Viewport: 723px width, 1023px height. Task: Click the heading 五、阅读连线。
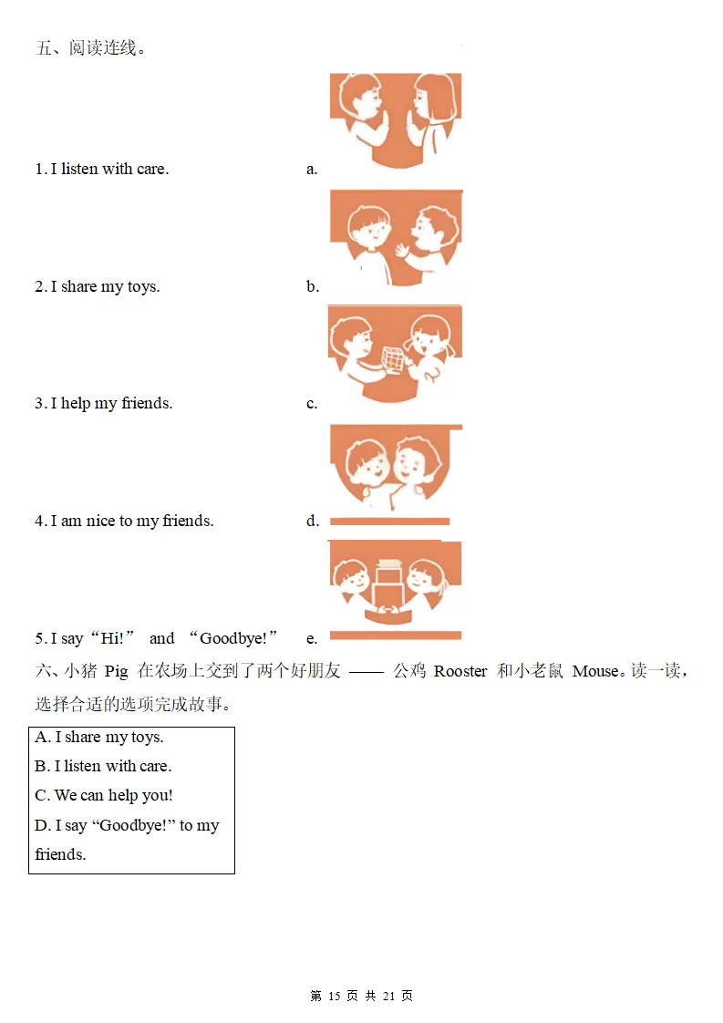click(x=90, y=47)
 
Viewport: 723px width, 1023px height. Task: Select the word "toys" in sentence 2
click(x=143, y=287)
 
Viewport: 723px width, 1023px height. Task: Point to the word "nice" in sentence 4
click(x=100, y=521)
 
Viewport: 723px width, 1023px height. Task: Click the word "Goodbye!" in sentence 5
click(x=233, y=638)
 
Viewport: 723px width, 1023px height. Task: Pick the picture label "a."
click(x=312, y=169)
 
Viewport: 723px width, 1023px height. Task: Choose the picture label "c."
click(x=312, y=404)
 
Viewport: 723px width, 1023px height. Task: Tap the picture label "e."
click(x=312, y=639)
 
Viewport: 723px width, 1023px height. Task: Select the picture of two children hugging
click(x=396, y=468)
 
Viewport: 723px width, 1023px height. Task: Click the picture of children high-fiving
click(x=396, y=120)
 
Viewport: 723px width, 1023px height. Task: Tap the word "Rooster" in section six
click(x=460, y=671)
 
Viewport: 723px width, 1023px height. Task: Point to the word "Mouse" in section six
click(x=595, y=671)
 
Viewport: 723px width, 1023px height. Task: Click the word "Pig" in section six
click(x=116, y=672)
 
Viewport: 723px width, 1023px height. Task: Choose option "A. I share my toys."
click(x=99, y=738)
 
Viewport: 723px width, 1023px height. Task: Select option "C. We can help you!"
click(x=104, y=795)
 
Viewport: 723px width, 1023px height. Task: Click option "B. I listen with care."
click(x=103, y=766)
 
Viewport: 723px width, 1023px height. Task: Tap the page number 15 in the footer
click(x=334, y=996)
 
